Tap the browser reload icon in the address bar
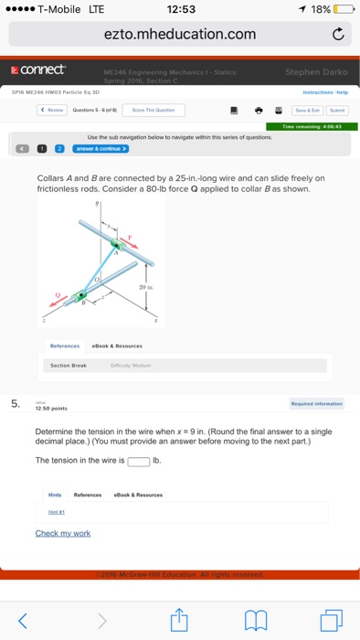click(x=337, y=36)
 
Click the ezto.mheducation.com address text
click(x=179, y=35)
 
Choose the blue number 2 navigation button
click(x=60, y=147)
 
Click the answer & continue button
click(x=102, y=147)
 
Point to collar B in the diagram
click(x=83, y=294)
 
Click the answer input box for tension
click(x=139, y=460)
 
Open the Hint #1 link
click(x=57, y=512)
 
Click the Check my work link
click(x=62, y=533)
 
